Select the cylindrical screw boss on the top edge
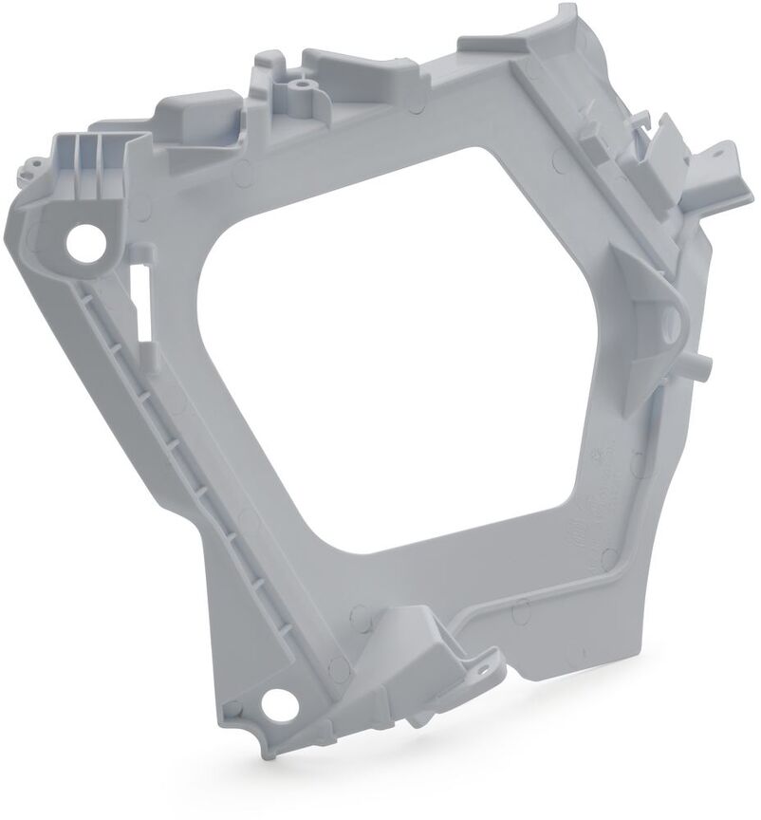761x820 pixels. click(x=302, y=90)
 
